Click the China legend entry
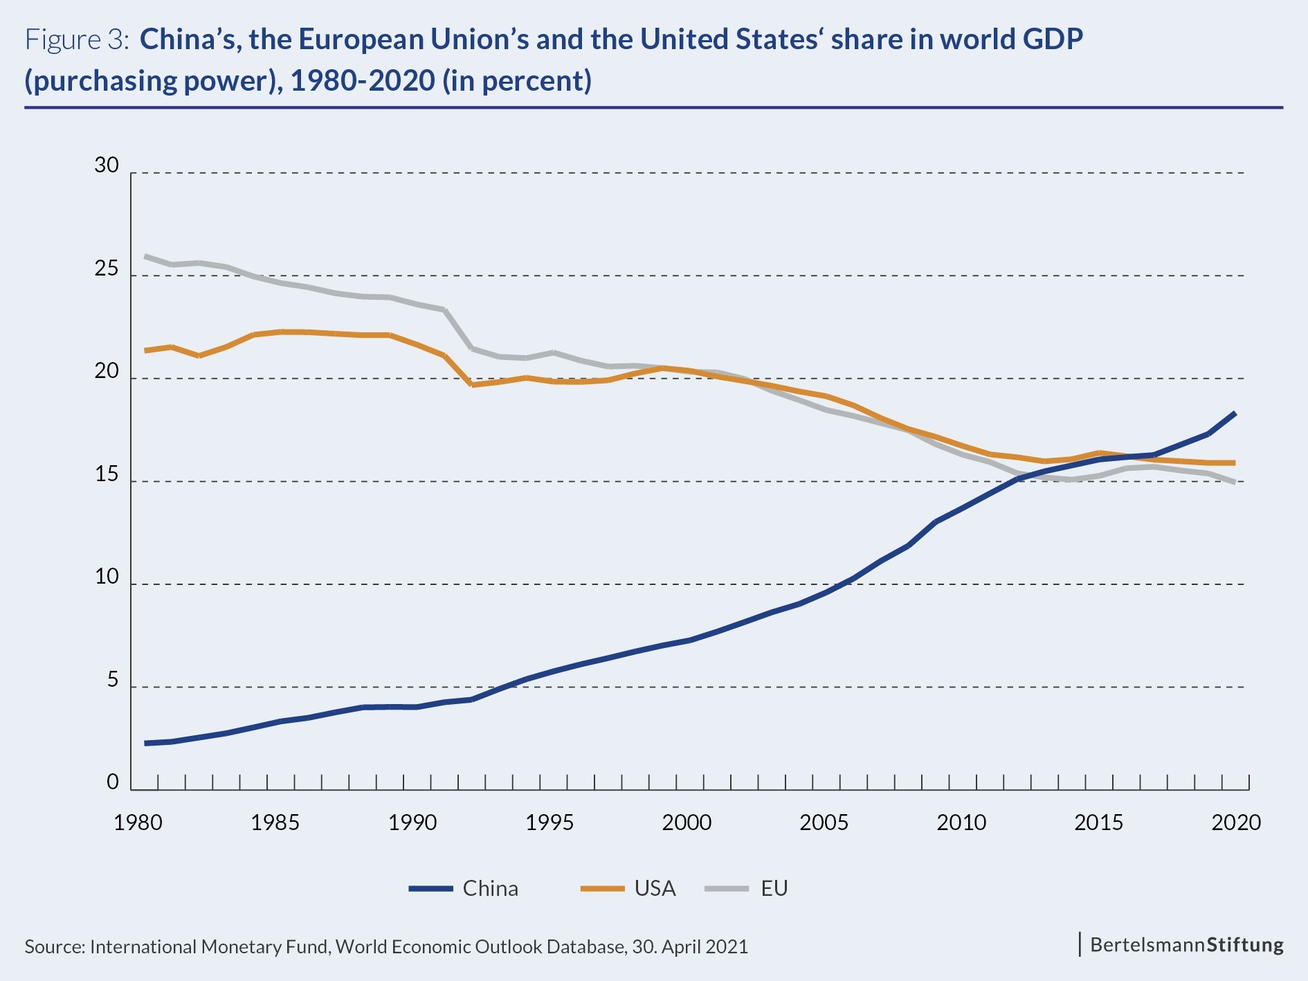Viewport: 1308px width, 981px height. click(x=464, y=888)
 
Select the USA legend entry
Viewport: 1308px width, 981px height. click(x=628, y=888)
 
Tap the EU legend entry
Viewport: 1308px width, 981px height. click(x=747, y=888)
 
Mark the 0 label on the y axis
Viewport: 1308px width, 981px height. click(x=113, y=782)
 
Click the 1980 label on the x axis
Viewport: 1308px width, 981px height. click(x=138, y=822)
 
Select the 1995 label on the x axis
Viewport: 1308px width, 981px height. click(x=549, y=822)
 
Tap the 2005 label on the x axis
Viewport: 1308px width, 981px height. click(x=824, y=822)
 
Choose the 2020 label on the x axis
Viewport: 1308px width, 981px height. click(x=1236, y=822)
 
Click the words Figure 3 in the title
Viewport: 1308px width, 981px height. click(x=77, y=40)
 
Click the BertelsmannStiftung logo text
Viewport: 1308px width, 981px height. click(x=1186, y=945)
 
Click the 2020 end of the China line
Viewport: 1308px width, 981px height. click(x=1235, y=413)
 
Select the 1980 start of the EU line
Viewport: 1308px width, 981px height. click(x=145, y=256)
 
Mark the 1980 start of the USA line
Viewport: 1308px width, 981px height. click(x=145, y=351)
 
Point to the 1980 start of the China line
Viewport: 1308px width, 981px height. click(x=145, y=744)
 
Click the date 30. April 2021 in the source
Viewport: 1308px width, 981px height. click(x=690, y=947)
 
